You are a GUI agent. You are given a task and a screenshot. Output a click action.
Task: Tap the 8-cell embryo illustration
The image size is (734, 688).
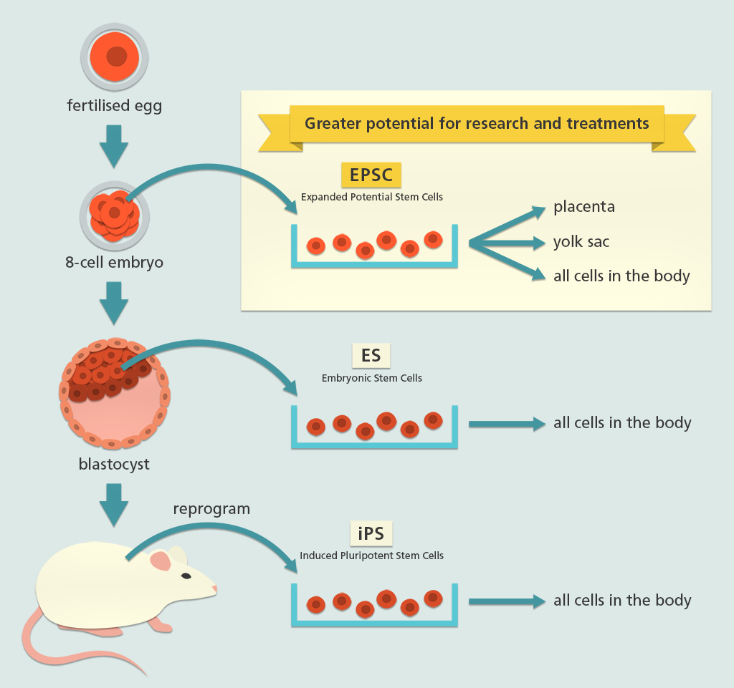114,213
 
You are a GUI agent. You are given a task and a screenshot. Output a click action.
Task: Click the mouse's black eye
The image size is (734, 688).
186,576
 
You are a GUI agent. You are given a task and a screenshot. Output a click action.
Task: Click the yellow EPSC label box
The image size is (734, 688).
371,175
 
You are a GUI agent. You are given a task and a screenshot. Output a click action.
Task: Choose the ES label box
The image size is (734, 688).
371,355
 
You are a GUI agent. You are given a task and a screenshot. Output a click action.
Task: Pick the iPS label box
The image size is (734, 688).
371,534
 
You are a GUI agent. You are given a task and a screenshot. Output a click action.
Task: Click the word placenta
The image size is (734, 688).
584,207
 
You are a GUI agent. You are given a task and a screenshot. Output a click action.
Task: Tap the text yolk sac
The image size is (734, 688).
581,241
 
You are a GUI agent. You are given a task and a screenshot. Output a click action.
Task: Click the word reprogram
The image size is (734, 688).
211,509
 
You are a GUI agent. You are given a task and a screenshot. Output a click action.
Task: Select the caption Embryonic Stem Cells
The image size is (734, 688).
371,378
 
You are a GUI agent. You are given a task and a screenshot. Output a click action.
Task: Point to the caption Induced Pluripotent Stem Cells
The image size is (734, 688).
371,556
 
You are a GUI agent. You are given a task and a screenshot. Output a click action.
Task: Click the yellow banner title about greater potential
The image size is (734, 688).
477,123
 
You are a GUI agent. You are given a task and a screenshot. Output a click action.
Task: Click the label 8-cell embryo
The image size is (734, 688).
114,262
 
